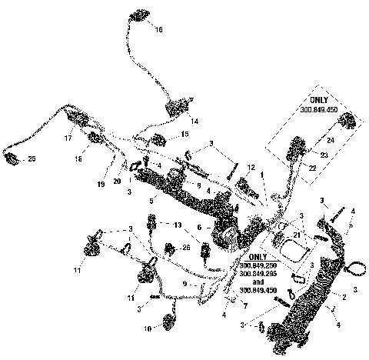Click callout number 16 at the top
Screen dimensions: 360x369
pyautogui.click(x=158, y=30)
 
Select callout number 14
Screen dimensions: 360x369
pyautogui.click(x=194, y=122)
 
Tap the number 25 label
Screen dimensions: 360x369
pyautogui.click(x=32, y=159)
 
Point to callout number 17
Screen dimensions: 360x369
pyautogui.click(x=68, y=138)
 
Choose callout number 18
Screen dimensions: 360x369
pyautogui.click(x=78, y=158)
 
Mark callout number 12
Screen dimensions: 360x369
pyautogui.click(x=251, y=168)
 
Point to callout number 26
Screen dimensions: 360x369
pyautogui.click(x=185, y=248)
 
